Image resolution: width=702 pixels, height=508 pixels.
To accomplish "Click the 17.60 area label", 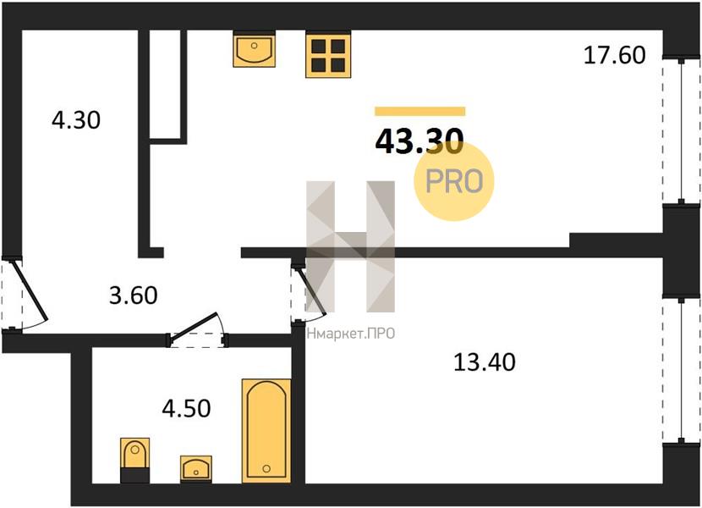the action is point(615,55).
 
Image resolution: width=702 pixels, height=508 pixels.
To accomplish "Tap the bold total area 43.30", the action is point(419,141).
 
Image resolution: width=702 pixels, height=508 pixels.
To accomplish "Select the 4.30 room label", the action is point(76,120).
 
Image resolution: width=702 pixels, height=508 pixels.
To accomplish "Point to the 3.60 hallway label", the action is point(134,295).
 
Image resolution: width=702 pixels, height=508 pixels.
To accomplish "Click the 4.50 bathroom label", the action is point(186,408).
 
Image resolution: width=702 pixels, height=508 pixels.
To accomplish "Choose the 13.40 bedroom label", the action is point(485,362).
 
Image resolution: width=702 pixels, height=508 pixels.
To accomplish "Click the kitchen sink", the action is point(254,49).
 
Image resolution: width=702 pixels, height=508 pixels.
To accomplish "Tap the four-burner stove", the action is point(328,55).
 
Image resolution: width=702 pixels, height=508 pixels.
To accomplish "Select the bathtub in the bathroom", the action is point(266,431).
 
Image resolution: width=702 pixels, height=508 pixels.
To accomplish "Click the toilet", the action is point(134,460).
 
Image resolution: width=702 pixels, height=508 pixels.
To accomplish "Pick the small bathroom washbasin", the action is point(196,469).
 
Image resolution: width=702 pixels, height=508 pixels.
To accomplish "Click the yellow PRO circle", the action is point(454,181).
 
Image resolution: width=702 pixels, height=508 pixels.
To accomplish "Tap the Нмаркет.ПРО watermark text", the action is point(351,334).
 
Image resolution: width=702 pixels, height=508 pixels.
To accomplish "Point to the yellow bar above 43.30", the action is point(420,111).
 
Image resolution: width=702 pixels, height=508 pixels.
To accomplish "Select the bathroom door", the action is point(198,330).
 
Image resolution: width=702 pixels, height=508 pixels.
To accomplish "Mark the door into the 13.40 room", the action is point(309,292).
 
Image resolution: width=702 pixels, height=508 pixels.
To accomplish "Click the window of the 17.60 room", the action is point(681,130).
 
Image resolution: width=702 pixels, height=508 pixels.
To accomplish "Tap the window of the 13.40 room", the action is point(681,370).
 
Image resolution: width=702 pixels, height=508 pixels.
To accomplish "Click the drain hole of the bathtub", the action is point(266,468).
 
